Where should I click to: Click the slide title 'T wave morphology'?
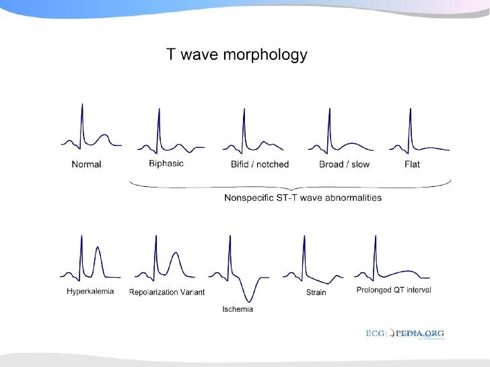[237, 54]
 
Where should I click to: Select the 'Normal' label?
[86, 165]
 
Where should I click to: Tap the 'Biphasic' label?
[166, 164]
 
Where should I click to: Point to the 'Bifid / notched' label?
[260, 165]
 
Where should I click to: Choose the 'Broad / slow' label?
[344, 165]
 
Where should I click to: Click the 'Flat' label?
[412, 165]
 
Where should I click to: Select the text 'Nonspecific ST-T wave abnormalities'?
[303, 198]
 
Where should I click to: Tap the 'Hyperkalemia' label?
[90, 292]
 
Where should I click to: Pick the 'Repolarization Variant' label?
[166, 292]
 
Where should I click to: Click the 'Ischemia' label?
[238, 309]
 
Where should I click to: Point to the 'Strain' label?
[316, 292]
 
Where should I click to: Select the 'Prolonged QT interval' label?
[393, 290]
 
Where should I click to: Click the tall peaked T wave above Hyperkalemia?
[98, 249]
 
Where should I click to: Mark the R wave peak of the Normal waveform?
[82, 104]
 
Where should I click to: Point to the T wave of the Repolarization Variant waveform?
[176, 253]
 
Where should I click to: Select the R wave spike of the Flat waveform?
[410, 108]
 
